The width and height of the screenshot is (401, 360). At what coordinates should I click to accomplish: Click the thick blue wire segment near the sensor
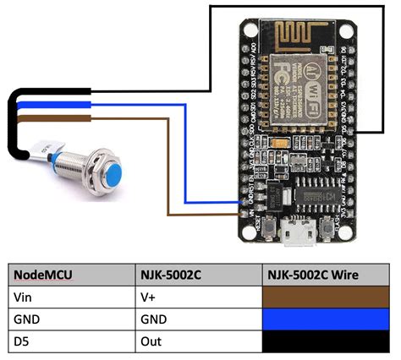tap(51, 106)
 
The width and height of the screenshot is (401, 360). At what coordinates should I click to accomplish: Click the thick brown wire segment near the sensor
tap(51, 123)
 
